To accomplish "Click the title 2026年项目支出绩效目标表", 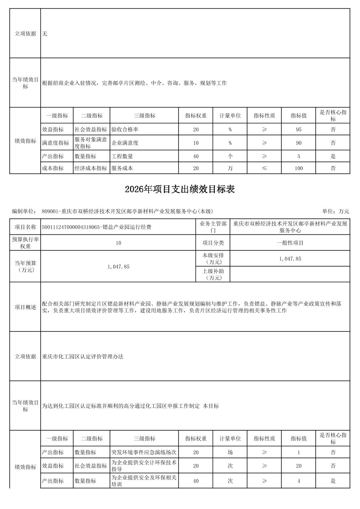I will tap(180, 189).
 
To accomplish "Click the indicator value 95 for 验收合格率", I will tap(298, 130).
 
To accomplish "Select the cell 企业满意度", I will tap(125, 143).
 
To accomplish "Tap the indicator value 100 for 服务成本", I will tap(298, 168).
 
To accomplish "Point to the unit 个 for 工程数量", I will tap(230, 156).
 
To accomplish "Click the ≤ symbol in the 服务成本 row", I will tap(264, 168).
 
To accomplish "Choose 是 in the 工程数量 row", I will tap(333, 156).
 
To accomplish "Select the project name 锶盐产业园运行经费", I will tap(97, 227).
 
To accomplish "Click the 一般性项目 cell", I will tap(290, 243).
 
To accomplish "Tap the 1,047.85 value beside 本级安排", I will tap(290, 259).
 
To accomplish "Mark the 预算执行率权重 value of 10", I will tap(118, 243).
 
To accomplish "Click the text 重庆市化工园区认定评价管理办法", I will tap(83, 357).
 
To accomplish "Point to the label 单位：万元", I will tap(336, 211).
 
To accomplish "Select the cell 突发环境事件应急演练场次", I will tap(144, 452).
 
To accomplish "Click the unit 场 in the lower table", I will tap(230, 452).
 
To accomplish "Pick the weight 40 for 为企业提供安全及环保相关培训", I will tap(196, 481).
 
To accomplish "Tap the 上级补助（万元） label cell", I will tap(213, 274).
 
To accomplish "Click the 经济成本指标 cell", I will tap(91, 168).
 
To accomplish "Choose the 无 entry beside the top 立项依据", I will tap(45, 34).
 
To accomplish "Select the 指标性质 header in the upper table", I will tap(264, 116).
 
